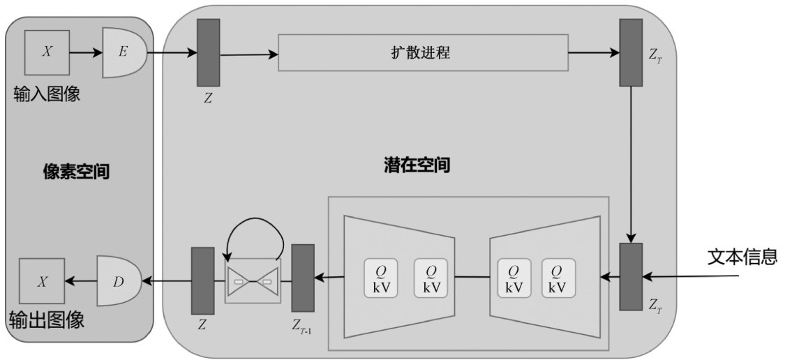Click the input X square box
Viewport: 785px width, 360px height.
click(46, 52)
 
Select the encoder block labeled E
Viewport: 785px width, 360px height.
click(124, 52)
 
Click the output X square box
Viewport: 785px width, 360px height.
click(42, 281)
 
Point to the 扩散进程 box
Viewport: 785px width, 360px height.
click(423, 52)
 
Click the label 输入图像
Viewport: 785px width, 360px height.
click(47, 93)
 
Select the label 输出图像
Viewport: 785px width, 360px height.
click(47, 320)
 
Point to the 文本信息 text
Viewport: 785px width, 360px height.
click(742, 256)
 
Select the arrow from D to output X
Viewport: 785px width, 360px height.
click(80, 281)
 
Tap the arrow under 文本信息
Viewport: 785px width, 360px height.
click(691, 278)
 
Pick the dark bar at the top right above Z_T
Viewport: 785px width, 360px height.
click(631, 52)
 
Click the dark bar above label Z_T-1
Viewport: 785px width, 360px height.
click(303, 277)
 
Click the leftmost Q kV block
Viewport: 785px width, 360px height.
click(381, 278)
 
